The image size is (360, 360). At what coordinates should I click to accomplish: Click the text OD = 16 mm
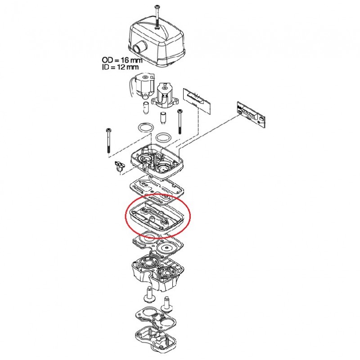coord(122,60)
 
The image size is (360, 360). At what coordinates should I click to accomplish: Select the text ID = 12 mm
coord(120,67)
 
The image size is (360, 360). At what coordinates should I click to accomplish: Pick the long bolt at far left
coord(108,140)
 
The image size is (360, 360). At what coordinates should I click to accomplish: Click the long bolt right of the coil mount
coord(180,121)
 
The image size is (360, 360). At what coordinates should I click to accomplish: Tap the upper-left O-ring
coord(145,128)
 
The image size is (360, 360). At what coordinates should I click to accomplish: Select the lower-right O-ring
coord(164,138)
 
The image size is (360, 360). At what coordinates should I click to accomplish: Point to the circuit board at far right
coord(251,114)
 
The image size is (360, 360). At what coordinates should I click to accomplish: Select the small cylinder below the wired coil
coord(145,108)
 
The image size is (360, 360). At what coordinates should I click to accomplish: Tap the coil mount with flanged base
coord(165,95)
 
